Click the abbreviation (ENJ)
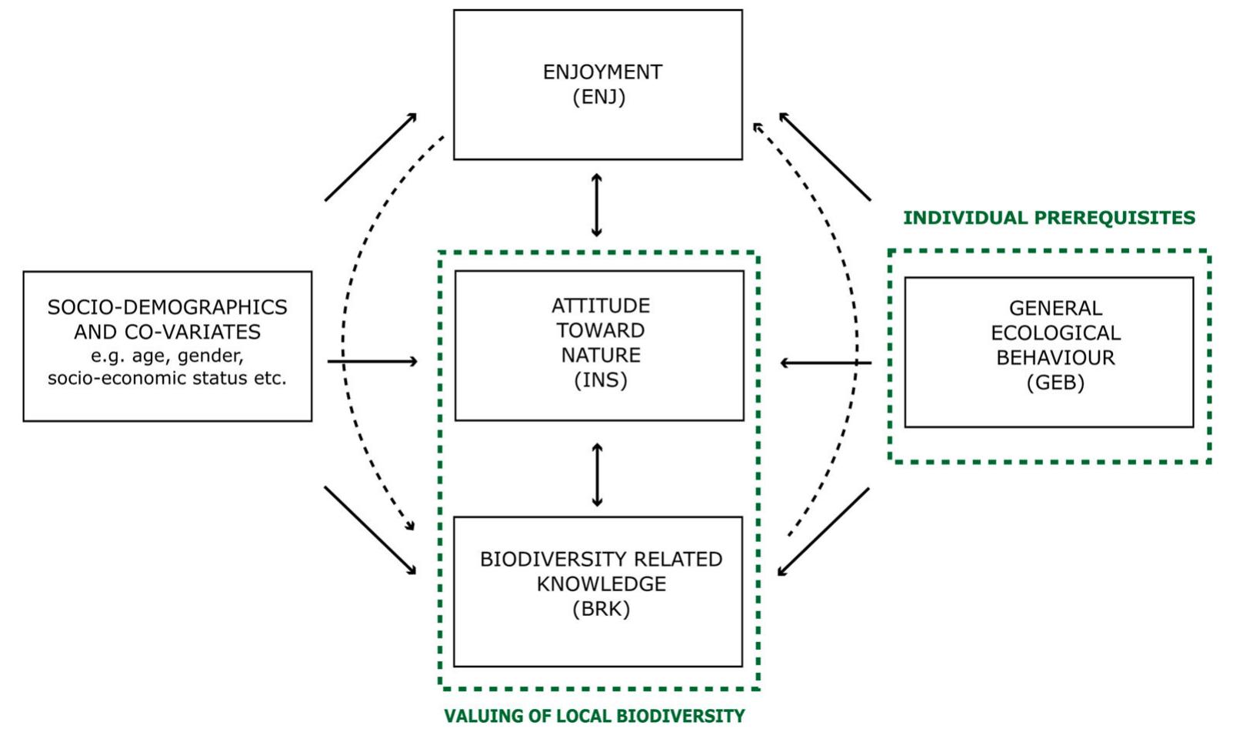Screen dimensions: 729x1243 tap(598, 98)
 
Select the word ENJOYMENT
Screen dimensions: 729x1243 tap(602, 72)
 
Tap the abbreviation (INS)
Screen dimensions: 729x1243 tap(601, 380)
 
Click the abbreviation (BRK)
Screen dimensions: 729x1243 tap(601, 609)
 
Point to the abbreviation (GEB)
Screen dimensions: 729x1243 tap(1055, 383)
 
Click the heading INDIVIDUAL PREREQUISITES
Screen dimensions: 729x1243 tap(1049, 218)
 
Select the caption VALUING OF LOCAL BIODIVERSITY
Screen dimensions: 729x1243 tap(595, 716)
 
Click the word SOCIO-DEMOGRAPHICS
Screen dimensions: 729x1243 tap(167, 307)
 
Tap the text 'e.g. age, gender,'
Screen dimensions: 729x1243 tap(167, 356)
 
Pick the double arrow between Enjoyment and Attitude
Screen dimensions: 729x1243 tap(597, 206)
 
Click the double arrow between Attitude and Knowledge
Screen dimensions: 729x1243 tap(598, 474)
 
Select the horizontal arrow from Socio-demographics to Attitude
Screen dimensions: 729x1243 tap(373, 361)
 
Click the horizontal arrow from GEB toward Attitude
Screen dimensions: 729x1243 tap(825, 363)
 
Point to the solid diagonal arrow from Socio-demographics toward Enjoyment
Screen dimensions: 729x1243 tap(371, 157)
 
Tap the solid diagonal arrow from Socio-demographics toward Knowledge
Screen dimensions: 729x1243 tap(370, 530)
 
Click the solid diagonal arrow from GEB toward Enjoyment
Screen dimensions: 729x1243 tap(825, 157)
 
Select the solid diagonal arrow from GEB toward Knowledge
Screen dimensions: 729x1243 tap(823, 532)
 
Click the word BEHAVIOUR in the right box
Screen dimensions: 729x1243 tap(1055, 358)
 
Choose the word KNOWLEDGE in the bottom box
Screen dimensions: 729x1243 tap(601, 584)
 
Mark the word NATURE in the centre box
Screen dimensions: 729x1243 tap(601, 356)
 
